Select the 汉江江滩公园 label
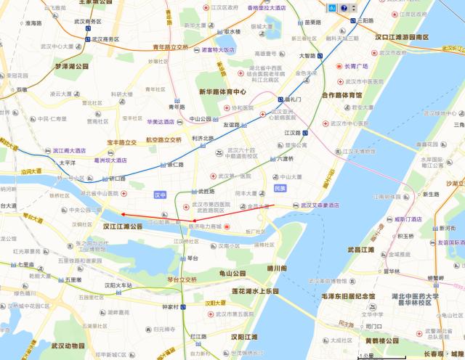[123, 226]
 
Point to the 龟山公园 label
[228, 274]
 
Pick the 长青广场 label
[356, 66]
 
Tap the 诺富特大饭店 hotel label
[218, 50]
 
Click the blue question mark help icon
[344, 8]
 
